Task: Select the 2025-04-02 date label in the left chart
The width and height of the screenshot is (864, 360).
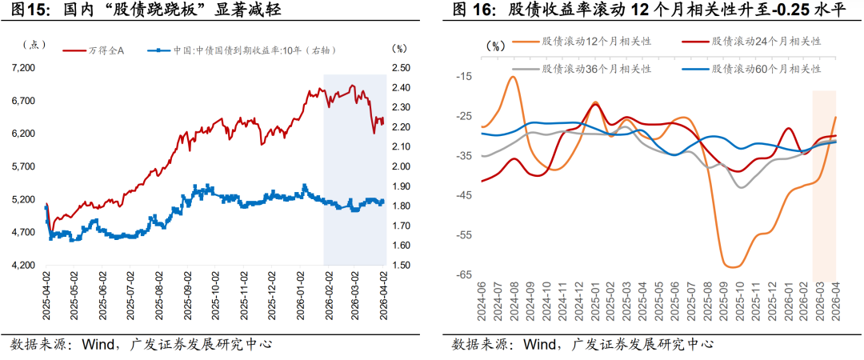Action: (47, 294)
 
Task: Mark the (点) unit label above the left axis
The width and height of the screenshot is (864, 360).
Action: (33, 46)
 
